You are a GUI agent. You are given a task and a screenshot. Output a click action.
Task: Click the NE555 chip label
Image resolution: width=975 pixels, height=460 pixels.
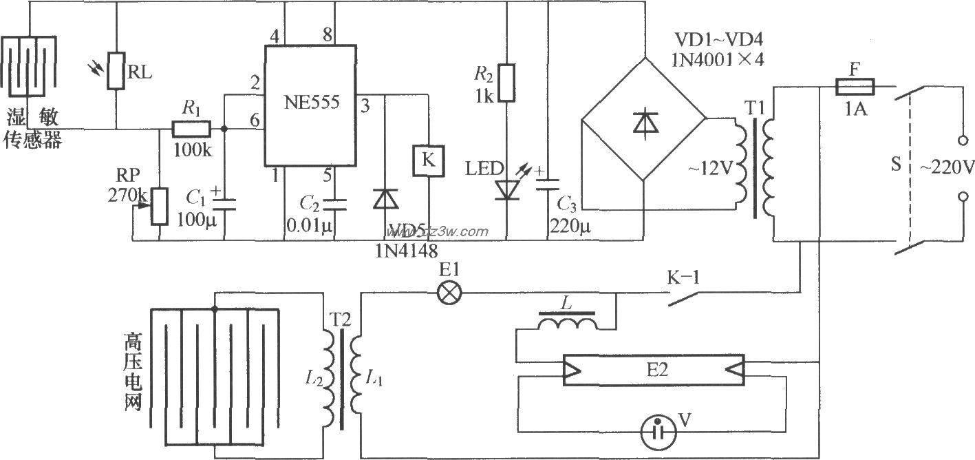click(311, 103)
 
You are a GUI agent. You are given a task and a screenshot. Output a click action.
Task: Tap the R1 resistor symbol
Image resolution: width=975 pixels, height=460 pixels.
click(191, 129)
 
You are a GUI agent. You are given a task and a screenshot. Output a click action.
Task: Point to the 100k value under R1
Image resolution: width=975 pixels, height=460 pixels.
click(193, 150)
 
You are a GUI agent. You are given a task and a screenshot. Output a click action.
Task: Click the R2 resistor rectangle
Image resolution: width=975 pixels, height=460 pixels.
click(506, 83)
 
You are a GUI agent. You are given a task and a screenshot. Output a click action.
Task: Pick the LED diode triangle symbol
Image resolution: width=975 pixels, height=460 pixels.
click(507, 190)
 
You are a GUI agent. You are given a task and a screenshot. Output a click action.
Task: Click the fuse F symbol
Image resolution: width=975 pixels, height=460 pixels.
click(855, 86)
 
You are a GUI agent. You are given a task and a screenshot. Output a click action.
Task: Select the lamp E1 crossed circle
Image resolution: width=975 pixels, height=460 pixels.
click(449, 293)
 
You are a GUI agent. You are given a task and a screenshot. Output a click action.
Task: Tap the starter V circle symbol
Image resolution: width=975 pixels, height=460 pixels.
click(658, 432)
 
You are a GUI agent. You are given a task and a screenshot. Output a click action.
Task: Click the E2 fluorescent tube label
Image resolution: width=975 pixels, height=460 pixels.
click(657, 370)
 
